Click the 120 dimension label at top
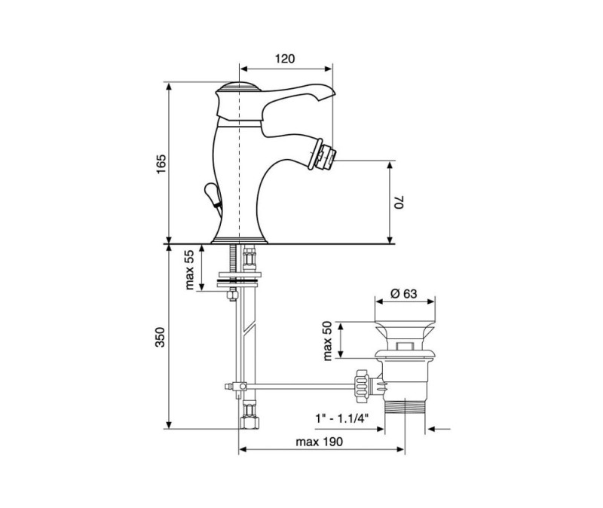(x=285, y=59)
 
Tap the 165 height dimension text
(x=161, y=164)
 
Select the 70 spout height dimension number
(x=399, y=202)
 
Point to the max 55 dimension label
(x=190, y=269)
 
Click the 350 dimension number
(x=160, y=337)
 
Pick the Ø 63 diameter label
(x=404, y=293)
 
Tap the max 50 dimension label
(x=328, y=341)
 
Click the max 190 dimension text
(x=319, y=442)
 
